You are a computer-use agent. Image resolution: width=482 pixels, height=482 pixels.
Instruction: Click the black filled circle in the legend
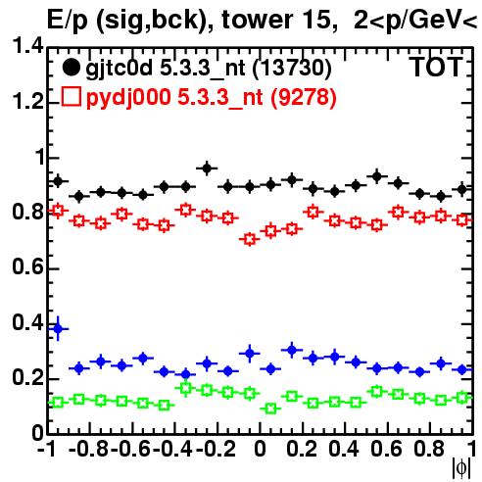(x=71, y=68)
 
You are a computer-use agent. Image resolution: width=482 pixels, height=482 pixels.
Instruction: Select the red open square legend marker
(x=71, y=96)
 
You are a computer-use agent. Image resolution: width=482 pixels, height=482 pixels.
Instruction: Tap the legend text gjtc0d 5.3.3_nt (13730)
(x=209, y=69)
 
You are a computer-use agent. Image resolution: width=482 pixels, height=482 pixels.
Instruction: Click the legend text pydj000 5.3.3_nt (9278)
(x=211, y=97)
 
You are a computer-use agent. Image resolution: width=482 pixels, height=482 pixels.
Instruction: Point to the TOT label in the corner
(x=437, y=67)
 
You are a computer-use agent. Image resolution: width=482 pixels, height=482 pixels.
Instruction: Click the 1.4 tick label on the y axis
(x=27, y=46)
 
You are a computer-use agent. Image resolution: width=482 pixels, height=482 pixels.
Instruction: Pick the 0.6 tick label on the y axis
(x=27, y=267)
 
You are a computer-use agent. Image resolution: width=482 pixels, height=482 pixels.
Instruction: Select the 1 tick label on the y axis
(x=40, y=158)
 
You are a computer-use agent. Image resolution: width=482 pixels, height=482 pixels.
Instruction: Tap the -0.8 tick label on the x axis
(x=88, y=449)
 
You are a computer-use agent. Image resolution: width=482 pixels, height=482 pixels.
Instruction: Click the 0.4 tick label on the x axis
(x=344, y=449)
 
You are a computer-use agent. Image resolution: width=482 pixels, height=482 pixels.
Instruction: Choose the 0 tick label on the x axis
(x=260, y=449)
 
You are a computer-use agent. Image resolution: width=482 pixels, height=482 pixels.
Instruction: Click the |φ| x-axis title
(x=461, y=469)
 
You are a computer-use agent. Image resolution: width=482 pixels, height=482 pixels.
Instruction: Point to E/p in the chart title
(x=68, y=21)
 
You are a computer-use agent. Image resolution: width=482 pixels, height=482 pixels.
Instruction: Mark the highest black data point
(x=207, y=169)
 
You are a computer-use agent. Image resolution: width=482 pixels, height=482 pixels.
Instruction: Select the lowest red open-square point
(x=250, y=239)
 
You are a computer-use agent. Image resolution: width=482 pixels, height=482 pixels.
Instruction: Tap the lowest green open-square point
(x=270, y=409)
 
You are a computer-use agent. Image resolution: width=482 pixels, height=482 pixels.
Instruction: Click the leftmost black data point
(x=58, y=181)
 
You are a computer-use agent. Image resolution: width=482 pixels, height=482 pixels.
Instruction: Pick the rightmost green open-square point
(x=461, y=398)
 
